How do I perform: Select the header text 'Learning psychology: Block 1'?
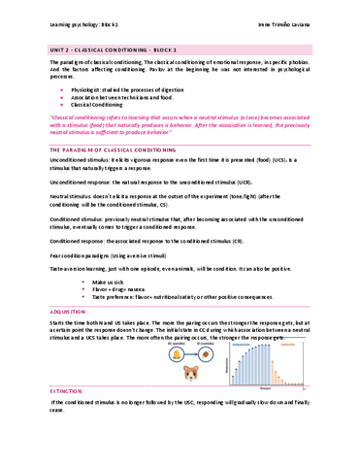point(67,21)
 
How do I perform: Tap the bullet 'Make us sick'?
point(97,279)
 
